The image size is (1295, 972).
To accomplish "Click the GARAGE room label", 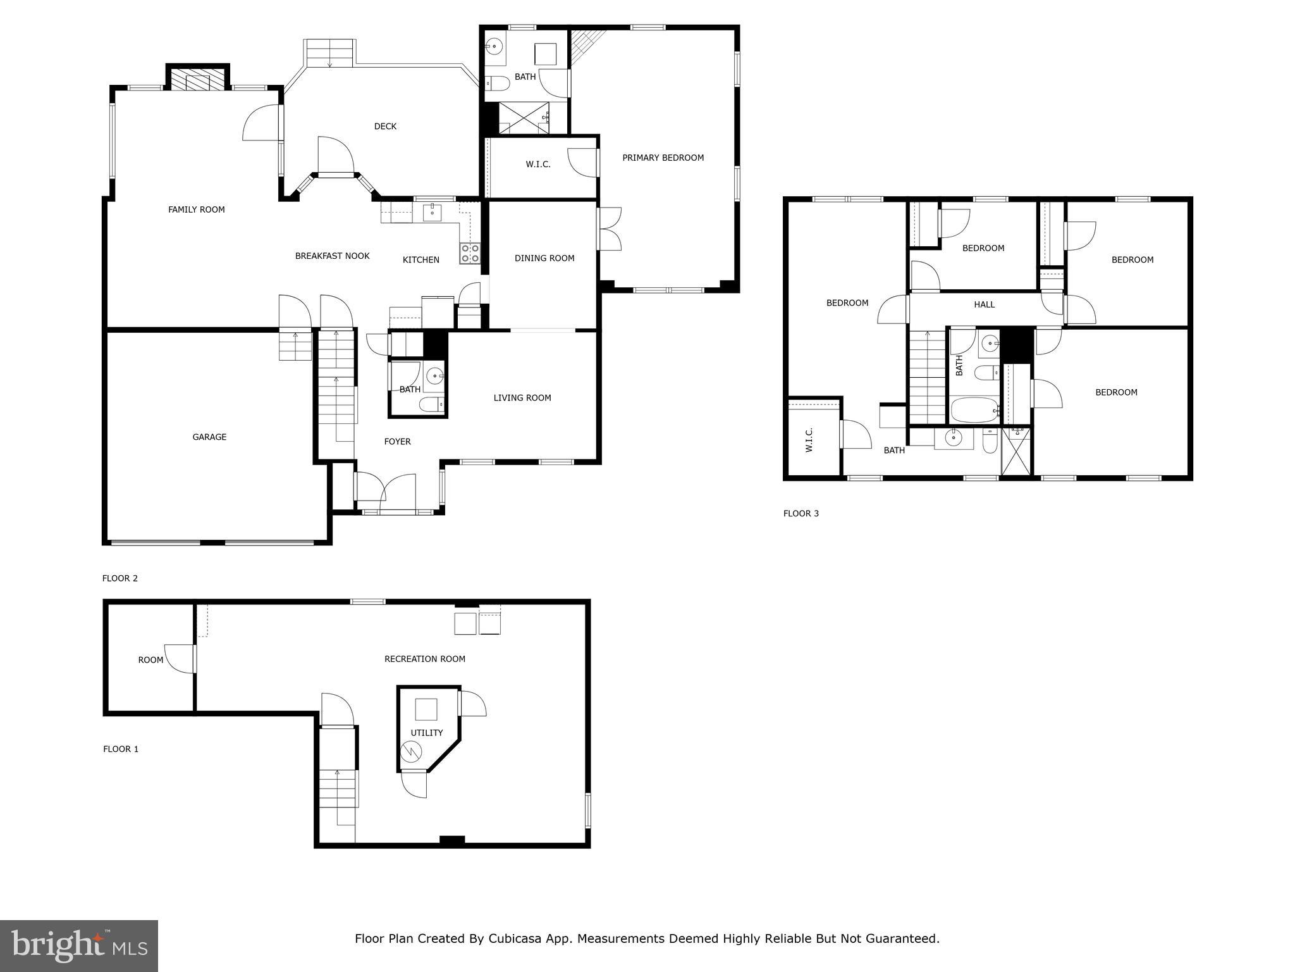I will click(x=209, y=437).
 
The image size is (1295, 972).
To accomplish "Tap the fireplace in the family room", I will click(x=197, y=80).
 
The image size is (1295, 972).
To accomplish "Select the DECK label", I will click(x=385, y=126).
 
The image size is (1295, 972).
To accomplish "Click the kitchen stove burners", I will click(x=470, y=253).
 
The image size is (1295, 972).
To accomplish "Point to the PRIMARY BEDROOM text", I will click(x=663, y=158).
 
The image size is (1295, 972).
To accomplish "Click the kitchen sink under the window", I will click(x=432, y=211).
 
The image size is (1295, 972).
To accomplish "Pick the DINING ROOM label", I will click(x=544, y=258).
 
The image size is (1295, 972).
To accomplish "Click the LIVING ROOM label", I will click(x=522, y=397).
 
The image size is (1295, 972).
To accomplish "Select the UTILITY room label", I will click(x=426, y=732).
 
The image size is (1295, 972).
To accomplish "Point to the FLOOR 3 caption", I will click(x=801, y=513).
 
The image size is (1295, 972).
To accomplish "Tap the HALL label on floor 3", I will click(x=984, y=304).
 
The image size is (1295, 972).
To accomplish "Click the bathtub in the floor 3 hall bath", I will click(x=974, y=410).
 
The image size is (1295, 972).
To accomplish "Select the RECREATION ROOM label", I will click(x=424, y=659).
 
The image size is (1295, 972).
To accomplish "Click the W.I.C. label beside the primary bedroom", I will click(x=537, y=164).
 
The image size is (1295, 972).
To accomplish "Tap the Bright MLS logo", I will click(x=78, y=945).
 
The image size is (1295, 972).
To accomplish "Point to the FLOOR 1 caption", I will click(x=120, y=749).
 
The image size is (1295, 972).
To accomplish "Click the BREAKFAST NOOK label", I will click(x=332, y=256).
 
